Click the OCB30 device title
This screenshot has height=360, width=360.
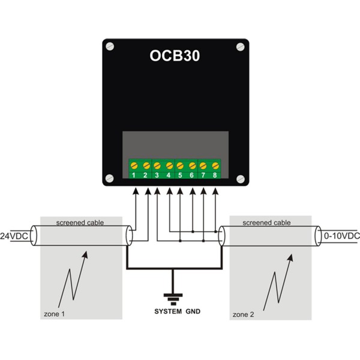175,56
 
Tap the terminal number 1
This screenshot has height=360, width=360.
134,175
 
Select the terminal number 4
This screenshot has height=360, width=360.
169,175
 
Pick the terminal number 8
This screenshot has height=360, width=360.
215,175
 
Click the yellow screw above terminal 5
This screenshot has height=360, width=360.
180,166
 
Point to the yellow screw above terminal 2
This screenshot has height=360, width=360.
146,166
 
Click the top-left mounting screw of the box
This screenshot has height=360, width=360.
110,46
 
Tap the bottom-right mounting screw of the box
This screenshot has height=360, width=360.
241,179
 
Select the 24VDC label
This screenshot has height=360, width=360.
14,236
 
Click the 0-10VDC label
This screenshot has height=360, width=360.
342,236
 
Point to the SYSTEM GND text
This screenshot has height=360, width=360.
177,311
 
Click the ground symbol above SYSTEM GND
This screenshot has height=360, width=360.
173,299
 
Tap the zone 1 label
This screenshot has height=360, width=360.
54,314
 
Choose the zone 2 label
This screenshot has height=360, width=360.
243,314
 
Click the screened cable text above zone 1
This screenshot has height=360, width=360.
80,223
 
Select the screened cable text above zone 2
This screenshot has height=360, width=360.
266,223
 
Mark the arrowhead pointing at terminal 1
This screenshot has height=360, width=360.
136,191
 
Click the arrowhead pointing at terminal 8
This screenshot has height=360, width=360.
215,191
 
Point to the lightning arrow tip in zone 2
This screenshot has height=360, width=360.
292,254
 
